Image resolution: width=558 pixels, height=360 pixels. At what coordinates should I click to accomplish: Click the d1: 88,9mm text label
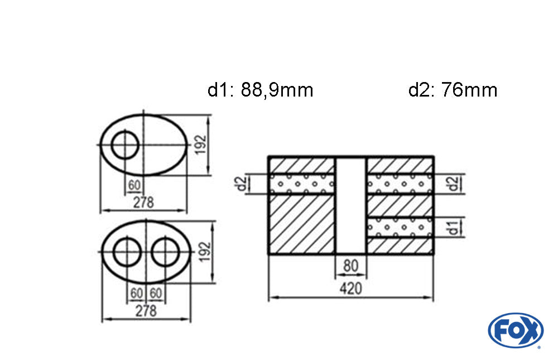point(260,90)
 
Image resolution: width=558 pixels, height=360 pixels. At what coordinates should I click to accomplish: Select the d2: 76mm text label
point(453,90)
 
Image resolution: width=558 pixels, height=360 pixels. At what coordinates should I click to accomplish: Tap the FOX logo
point(516,330)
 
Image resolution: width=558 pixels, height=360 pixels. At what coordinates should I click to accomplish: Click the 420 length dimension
point(350,288)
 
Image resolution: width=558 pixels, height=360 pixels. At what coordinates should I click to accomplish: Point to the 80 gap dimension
point(350,266)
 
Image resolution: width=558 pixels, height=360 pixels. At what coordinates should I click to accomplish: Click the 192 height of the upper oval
point(201,144)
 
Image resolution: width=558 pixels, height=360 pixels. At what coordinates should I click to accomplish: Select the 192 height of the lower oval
point(205,252)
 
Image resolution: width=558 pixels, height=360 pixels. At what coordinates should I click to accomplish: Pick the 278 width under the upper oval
point(143,203)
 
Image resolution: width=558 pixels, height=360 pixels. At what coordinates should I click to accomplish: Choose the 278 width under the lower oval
point(146,311)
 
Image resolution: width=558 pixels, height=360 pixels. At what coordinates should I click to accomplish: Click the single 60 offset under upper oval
point(134,185)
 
